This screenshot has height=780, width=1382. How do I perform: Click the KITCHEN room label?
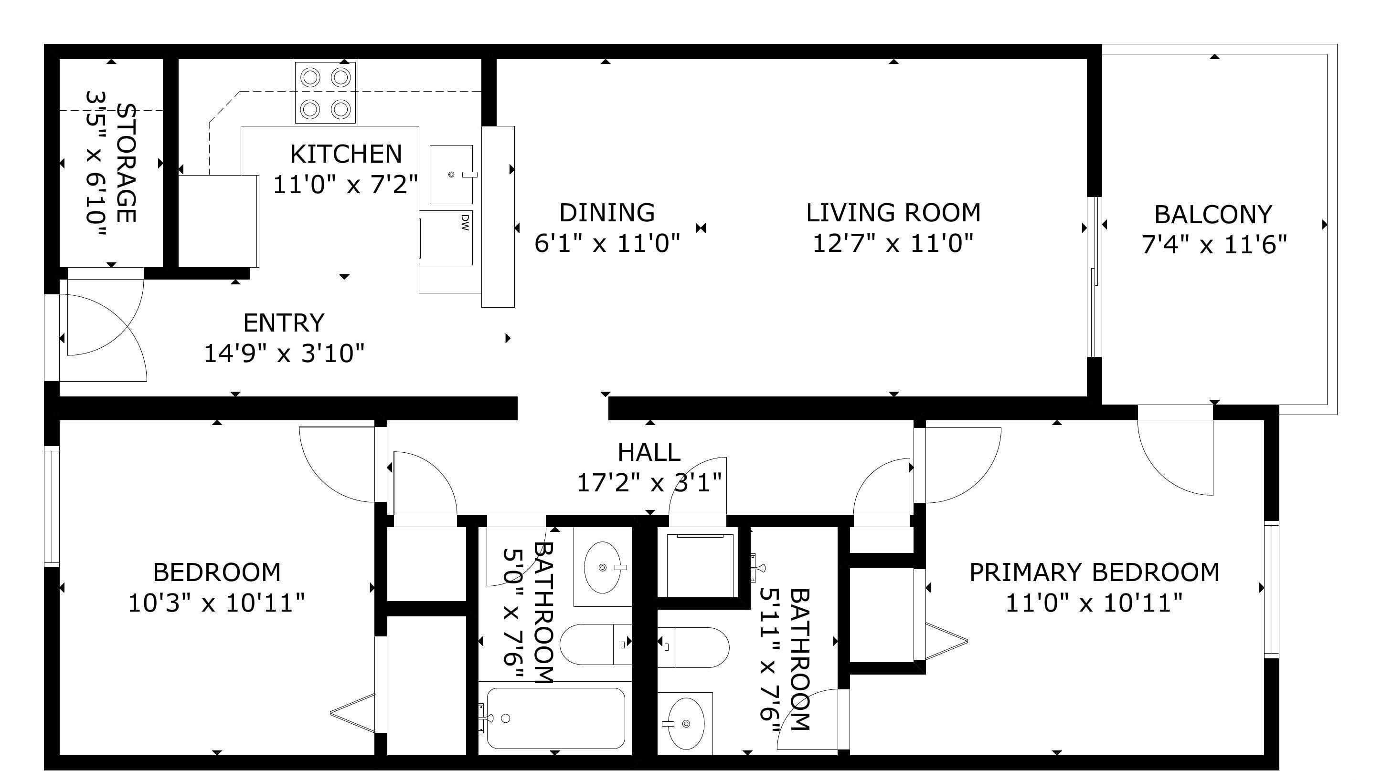click(346, 155)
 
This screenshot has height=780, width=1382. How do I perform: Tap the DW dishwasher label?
click(465, 222)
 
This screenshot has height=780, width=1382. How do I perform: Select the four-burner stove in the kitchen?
click(325, 93)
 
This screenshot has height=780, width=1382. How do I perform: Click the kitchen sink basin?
click(451, 174)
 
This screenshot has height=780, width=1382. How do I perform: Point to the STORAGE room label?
click(126, 163)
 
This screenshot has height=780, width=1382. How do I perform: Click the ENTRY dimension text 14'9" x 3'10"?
click(284, 354)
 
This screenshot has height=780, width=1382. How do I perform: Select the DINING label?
click(607, 213)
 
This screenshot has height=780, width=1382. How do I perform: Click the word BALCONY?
click(1213, 215)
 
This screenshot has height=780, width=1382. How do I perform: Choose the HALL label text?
click(649, 452)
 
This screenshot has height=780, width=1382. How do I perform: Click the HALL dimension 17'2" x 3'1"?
click(649, 483)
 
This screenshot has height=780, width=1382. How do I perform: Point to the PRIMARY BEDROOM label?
click(1095, 572)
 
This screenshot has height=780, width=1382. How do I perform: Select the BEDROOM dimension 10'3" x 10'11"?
click(217, 603)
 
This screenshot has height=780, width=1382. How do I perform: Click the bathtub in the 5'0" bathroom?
click(556, 718)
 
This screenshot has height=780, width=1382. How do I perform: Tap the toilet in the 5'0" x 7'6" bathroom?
click(596, 645)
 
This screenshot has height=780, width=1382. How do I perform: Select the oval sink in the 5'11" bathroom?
click(686, 724)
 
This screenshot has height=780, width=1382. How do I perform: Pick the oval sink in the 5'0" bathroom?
click(603, 567)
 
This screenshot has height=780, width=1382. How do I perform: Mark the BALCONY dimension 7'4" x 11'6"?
click(1214, 246)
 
